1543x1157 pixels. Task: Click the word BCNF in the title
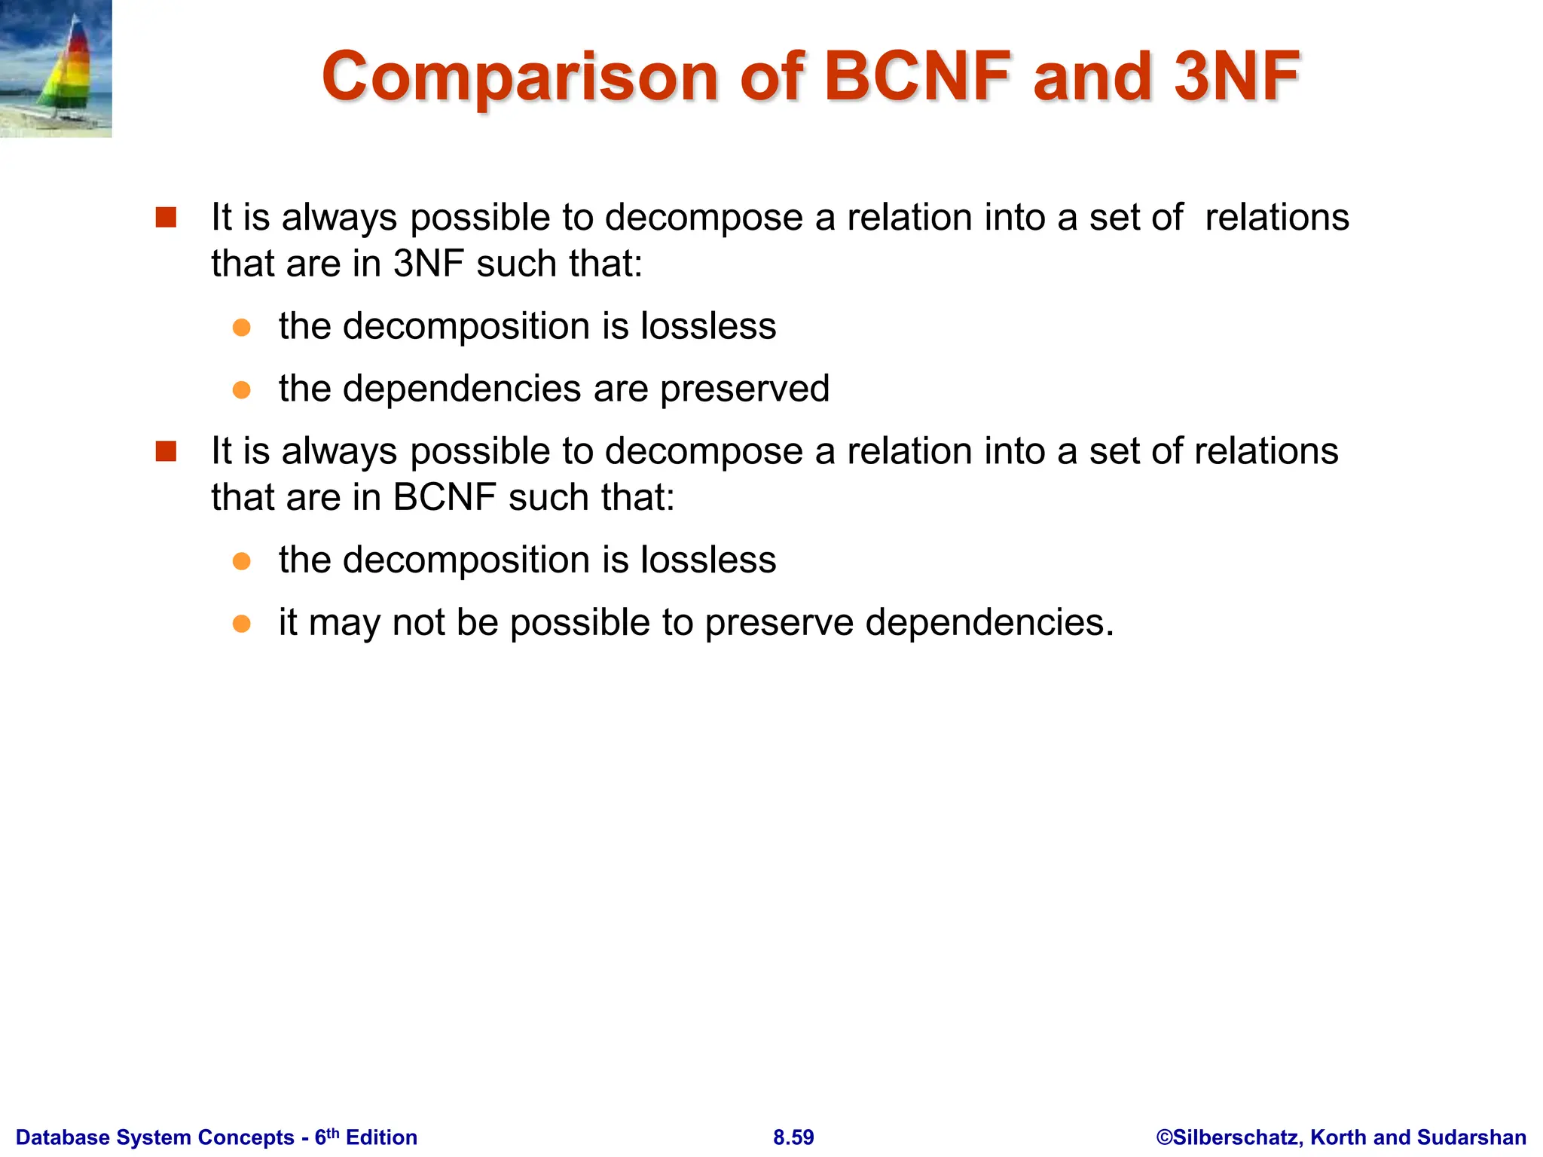[918, 76]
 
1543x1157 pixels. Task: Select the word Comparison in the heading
[521, 78]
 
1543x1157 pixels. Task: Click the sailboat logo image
[56, 69]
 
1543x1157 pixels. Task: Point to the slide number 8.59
[793, 1137]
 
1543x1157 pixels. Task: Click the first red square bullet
[166, 218]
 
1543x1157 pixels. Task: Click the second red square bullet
[166, 451]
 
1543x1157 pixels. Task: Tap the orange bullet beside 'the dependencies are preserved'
[241, 389]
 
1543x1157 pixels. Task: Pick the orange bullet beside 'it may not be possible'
[241, 624]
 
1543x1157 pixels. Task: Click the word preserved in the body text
[744, 389]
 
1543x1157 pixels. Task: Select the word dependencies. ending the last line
[988, 622]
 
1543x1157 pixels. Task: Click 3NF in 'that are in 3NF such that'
[428, 264]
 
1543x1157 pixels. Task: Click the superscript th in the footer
[333, 1132]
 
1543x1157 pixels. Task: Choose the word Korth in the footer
[1338, 1137]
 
